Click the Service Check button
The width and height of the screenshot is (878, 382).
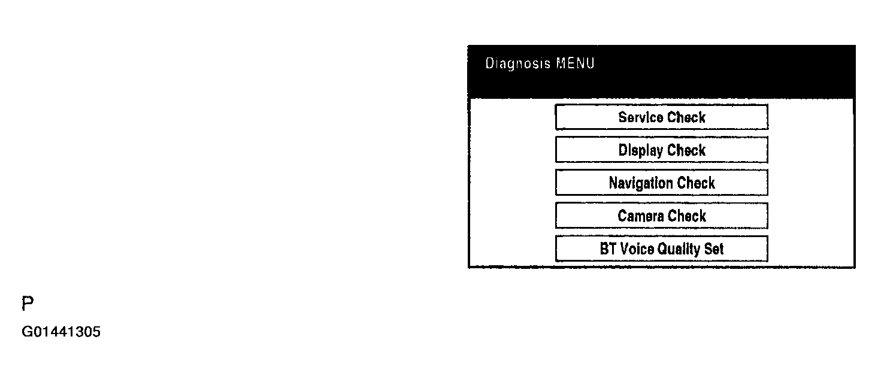click(662, 117)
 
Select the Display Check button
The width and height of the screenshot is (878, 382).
click(662, 150)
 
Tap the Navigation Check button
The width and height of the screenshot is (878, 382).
click(662, 183)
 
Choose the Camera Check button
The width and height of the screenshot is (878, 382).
click(662, 216)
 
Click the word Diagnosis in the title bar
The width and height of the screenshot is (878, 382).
click(518, 64)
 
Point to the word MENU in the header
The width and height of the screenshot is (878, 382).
click(576, 63)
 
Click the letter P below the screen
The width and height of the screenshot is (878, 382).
click(28, 303)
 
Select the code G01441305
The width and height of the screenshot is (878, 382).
click(61, 332)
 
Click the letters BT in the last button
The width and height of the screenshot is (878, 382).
click(608, 249)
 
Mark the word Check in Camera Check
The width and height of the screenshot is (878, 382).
click(687, 216)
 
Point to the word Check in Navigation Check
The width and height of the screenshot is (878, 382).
click(696, 183)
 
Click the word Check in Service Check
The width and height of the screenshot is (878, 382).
click(686, 117)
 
